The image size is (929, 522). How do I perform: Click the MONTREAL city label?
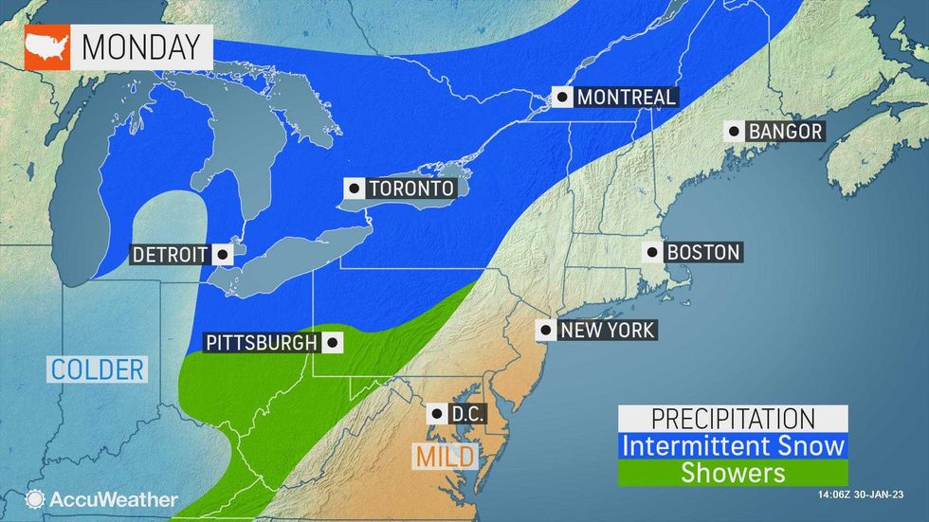[626, 97]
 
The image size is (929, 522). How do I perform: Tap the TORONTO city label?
[411, 189]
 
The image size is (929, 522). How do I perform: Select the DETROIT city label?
[170, 254]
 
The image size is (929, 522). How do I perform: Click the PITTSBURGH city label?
[258, 341]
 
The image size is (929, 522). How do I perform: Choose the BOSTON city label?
[702, 252]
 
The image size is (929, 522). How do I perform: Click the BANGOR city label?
[785, 132]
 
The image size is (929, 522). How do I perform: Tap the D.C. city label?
[464, 413]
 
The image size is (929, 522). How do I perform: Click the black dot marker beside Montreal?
[564, 97]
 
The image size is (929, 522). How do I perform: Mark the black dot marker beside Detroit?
[222, 254]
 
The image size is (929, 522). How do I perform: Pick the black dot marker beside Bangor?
[734, 132]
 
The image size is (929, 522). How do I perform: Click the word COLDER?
[98, 369]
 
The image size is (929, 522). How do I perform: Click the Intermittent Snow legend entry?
[732, 443]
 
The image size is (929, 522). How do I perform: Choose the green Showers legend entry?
[732, 471]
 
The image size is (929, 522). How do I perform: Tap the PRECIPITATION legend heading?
[732, 418]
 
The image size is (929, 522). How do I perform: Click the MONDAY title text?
[141, 45]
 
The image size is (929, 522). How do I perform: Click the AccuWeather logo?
[102, 498]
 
